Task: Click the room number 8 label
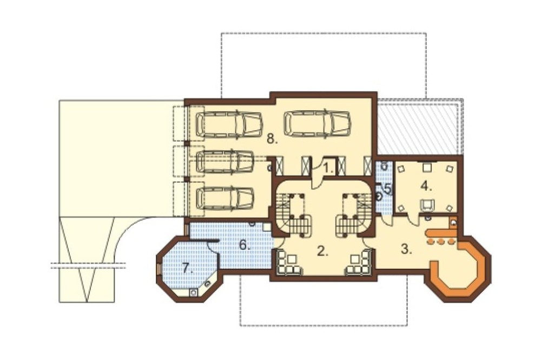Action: [272, 139]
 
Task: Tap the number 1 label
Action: [328, 169]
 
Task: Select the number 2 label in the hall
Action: [322, 252]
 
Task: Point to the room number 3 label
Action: [407, 249]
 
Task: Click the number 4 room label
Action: [426, 186]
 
